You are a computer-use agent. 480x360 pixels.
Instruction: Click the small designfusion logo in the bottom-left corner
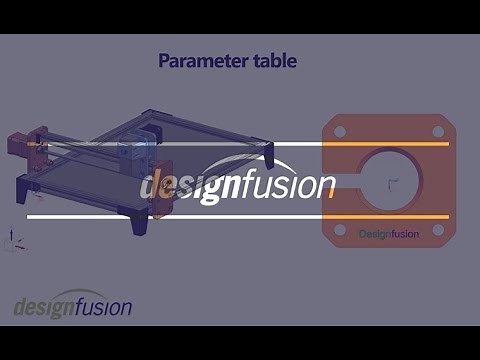click(x=72, y=306)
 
